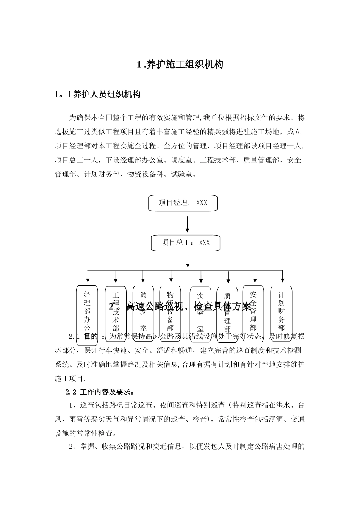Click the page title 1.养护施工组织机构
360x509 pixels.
tap(180, 65)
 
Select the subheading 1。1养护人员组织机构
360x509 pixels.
tap(98, 95)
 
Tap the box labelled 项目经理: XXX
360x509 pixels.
tap(183, 203)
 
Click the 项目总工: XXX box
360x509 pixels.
tap(186, 243)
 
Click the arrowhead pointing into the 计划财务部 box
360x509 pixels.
tap(282, 280)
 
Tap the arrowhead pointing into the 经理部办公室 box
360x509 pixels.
tap(88, 280)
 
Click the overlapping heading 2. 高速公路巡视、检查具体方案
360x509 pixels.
tap(180, 306)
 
